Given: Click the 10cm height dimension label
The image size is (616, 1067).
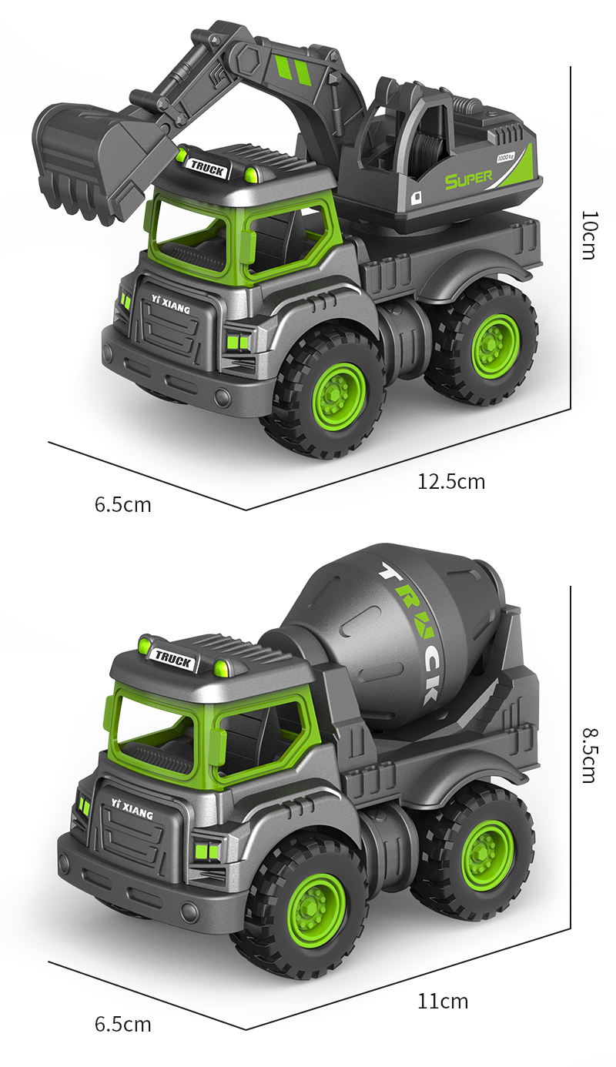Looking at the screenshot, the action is (589, 236).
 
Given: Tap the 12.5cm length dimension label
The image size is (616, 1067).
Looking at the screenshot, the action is (450, 482).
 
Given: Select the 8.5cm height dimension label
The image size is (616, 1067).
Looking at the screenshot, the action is (589, 755).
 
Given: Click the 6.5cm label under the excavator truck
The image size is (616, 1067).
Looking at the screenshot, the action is (123, 504).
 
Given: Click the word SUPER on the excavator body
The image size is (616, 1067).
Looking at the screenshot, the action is (468, 179).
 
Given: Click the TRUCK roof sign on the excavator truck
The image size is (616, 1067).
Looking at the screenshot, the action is (207, 167).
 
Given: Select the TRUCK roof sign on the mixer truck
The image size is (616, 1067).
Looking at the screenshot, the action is (173, 658).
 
